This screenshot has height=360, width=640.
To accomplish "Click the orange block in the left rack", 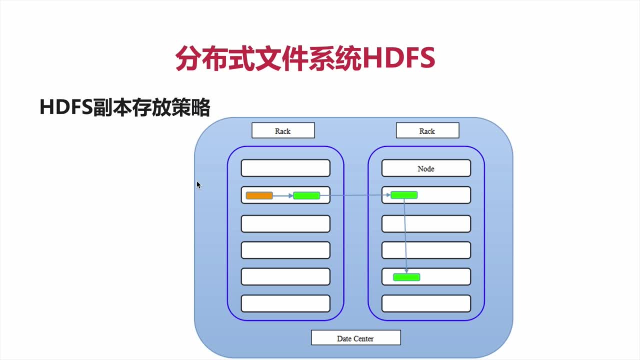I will click(x=259, y=195).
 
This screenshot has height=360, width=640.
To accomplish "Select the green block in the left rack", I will click(x=306, y=195).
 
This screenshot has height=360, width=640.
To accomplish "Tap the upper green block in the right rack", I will click(x=404, y=195).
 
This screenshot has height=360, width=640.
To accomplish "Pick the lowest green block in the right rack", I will click(x=406, y=277).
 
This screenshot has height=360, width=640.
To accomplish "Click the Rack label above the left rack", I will click(x=283, y=130).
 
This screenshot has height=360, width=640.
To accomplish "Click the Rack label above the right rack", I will click(x=427, y=130).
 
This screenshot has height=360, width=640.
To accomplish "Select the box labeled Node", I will click(x=426, y=168).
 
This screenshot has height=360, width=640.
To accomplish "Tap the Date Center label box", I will click(x=355, y=338).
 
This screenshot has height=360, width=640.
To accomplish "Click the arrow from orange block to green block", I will click(x=283, y=196).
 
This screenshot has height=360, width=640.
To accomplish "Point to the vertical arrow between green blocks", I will click(x=405, y=235).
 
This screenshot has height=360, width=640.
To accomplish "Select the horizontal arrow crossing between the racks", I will click(x=355, y=195).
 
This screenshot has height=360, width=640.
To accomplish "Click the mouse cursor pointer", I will click(x=198, y=185).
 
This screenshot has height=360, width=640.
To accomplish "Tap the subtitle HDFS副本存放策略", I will click(x=124, y=108).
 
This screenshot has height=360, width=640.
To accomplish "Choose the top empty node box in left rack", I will click(x=285, y=168).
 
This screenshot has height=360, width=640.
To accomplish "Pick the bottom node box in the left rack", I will click(x=285, y=303).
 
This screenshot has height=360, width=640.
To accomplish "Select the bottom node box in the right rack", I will click(x=426, y=303).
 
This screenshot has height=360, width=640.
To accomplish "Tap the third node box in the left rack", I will click(x=285, y=223).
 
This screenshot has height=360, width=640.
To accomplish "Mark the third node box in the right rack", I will click(x=426, y=223).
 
